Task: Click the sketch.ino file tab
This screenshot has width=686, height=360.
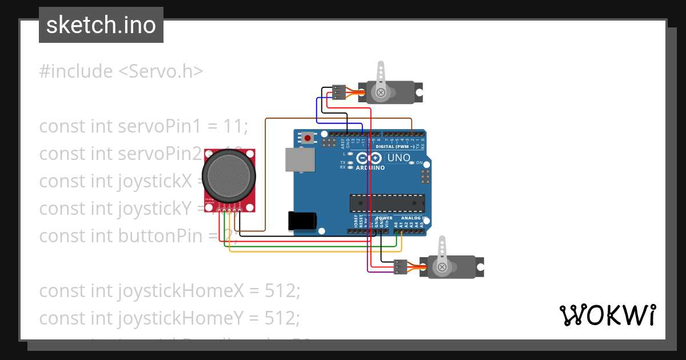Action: click(101, 25)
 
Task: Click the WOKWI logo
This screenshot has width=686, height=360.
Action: click(607, 315)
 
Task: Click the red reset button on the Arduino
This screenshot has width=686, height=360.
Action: click(308, 138)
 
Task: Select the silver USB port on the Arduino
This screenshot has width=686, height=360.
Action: click(300, 159)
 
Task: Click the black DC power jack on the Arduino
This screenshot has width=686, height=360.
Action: click(303, 221)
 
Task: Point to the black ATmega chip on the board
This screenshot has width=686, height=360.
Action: click(387, 202)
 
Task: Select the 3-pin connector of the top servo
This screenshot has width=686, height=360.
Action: click(339, 91)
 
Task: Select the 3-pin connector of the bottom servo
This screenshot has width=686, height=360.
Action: click(401, 267)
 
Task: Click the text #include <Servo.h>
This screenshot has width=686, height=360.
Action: click(121, 71)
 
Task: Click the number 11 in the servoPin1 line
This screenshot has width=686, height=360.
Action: click(237, 126)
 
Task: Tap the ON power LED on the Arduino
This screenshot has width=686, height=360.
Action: click(412, 163)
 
